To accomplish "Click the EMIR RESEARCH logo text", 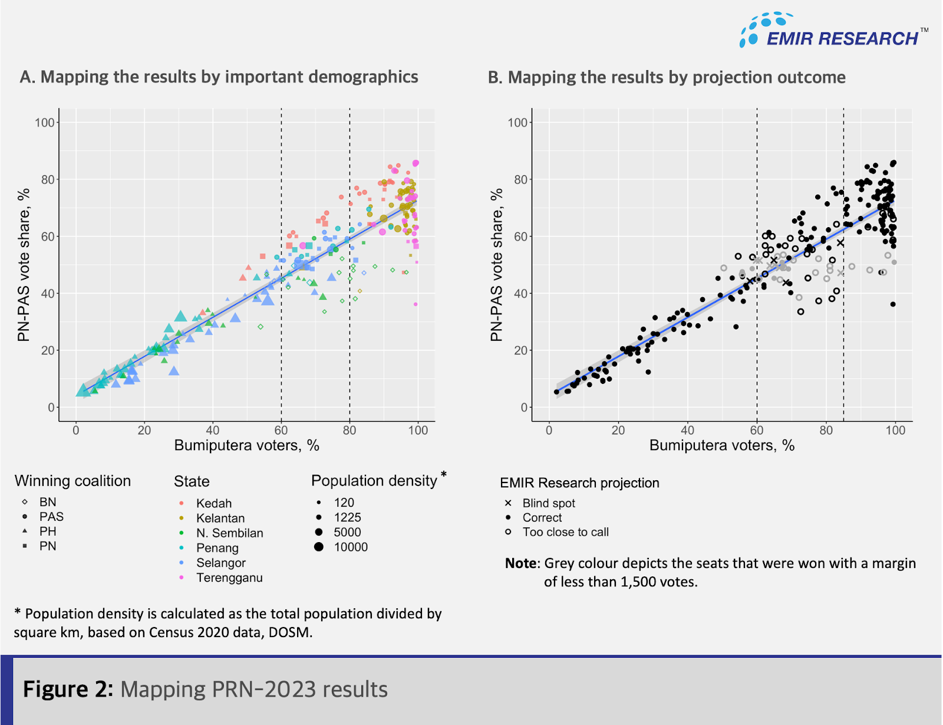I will [x=842, y=39].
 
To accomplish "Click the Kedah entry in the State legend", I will [x=213, y=503].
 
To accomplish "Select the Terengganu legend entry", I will [x=229, y=578].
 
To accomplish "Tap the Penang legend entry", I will [x=217, y=548].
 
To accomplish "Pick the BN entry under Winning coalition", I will [x=47, y=502].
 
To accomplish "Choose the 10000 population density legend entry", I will [x=350, y=547].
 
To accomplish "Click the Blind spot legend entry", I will [x=548, y=503].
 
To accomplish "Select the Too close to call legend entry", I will [x=565, y=532].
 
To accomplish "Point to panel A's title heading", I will [x=219, y=77].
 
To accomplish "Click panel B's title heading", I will [x=666, y=78].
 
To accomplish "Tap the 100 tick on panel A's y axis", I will [x=45, y=123].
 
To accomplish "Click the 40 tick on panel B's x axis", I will [x=687, y=430].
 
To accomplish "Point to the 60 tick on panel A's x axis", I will [x=281, y=430].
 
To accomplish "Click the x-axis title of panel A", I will [x=246, y=445].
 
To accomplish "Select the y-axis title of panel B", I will [x=496, y=264].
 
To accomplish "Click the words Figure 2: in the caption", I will [x=68, y=689].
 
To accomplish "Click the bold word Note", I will [x=521, y=563].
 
